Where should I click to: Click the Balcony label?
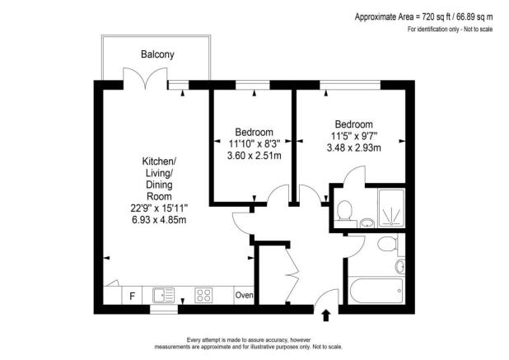pyautogui.click(x=156, y=54)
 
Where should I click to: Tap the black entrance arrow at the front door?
pyautogui.click(x=325, y=314)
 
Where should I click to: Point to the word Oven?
pyautogui.click(x=245, y=295)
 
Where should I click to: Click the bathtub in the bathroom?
pyautogui.click(x=375, y=291)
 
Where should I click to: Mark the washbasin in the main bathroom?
pyautogui.click(x=400, y=266)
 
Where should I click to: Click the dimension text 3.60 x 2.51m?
pyautogui.click(x=254, y=155)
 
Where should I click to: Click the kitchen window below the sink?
pyautogui.click(x=164, y=310)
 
